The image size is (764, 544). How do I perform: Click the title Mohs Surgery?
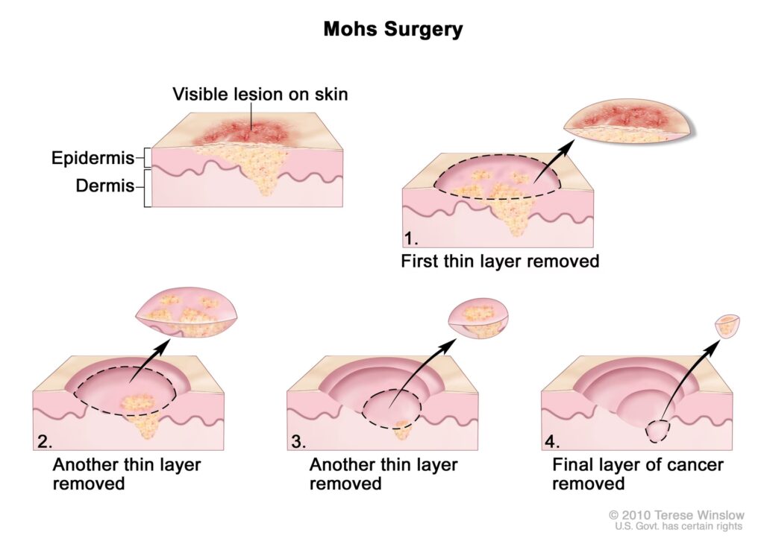tap(392, 30)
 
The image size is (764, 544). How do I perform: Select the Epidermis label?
tap(93, 158)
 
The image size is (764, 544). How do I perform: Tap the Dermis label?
tap(105, 186)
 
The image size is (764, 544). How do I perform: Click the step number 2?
tap(44, 441)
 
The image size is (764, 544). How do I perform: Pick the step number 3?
tap(299, 441)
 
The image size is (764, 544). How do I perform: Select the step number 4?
tap(553, 441)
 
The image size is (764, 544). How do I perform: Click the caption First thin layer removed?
tap(500, 262)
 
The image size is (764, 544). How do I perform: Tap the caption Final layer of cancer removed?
tap(637, 474)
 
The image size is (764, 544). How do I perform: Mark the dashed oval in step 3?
tap(392, 409)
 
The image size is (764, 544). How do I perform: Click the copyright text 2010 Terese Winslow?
tap(675, 515)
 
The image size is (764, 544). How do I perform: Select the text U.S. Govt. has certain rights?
tap(678, 526)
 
